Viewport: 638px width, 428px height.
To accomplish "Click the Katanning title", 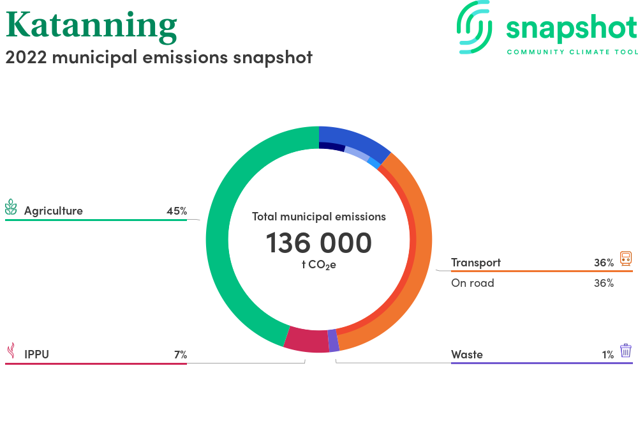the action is pyautogui.click(x=91, y=26).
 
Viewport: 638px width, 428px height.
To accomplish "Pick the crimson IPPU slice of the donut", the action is pyautogui.click(x=306, y=340).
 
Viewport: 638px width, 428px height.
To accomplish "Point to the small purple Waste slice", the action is pyautogui.click(x=334, y=340).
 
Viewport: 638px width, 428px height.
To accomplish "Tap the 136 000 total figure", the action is pyautogui.click(x=318, y=243).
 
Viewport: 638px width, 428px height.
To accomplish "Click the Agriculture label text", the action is pyautogui.click(x=54, y=211).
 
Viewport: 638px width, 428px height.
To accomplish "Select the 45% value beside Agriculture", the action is pyautogui.click(x=177, y=211).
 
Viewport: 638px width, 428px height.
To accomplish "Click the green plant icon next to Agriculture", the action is pyautogui.click(x=11, y=207).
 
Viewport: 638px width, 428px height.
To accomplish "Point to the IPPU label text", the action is pyautogui.click(x=36, y=355).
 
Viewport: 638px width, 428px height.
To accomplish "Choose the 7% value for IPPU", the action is pyautogui.click(x=181, y=355).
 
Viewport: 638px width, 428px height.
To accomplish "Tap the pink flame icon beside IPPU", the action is pyautogui.click(x=11, y=350).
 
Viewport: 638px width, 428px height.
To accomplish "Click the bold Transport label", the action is pyautogui.click(x=476, y=263).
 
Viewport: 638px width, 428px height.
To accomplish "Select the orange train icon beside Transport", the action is pyautogui.click(x=626, y=259).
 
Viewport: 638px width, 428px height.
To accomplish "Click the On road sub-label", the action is pyautogui.click(x=472, y=283).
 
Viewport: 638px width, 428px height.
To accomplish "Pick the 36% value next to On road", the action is pyautogui.click(x=604, y=283).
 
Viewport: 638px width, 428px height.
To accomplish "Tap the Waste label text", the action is pyautogui.click(x=467, y=355).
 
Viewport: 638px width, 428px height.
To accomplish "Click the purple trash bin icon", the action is pyautogui.click(x=626, y=351).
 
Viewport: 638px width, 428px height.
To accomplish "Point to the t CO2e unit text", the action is pyautogui.click(x=318, y=265).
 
